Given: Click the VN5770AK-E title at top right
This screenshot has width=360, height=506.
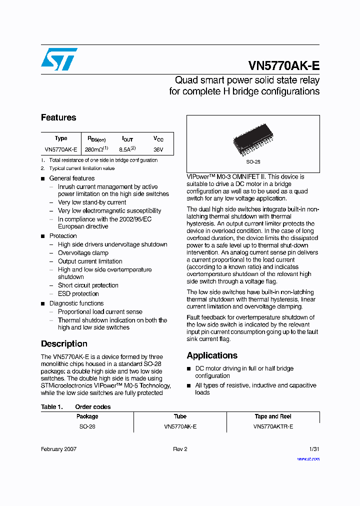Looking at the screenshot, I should pyautogui.click(x=283, y=66).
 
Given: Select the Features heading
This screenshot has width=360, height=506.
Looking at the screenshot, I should pyautogui.click(x=58, y=117).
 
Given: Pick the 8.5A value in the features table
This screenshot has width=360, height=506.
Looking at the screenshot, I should pyautogui.click(x=127, y=149).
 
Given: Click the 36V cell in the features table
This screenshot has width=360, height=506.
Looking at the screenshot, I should pyautogui.click(x=158, y=149).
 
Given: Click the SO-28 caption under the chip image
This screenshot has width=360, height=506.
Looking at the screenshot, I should pyautogui.click(x=253, y=162).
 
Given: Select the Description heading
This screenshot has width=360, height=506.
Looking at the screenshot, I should pyautogui.click(x=64, y=344).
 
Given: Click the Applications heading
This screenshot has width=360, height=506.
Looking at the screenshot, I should pyautogui.click(x=212, y=355).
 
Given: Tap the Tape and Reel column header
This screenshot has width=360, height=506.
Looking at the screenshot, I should pyautogui.click(x=273, y=416).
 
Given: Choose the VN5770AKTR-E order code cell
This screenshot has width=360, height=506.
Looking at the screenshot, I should pyautogui.click(x=273, y=426).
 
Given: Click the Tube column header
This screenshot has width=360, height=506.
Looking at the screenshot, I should pyautogui.click(x=180, y=416).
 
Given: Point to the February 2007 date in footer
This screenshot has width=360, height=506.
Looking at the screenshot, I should pyautogui.click(x=58, y=449).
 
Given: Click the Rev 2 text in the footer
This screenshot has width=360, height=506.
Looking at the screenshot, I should pyautogui.click(x=180, y=449).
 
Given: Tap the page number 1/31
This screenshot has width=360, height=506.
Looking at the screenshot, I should pyautogui.click(x=314, y=449).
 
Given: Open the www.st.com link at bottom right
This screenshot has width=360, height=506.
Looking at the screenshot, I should pyautogui.click(x=308, y=458).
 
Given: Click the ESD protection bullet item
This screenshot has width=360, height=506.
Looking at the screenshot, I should pyautogui.click(x=78, y=293).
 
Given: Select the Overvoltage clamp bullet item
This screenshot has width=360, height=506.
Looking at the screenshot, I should pyautogui.click(x=83, y=253).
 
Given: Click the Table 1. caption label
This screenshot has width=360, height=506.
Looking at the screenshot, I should pyautogui.click(x=51, y=407).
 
